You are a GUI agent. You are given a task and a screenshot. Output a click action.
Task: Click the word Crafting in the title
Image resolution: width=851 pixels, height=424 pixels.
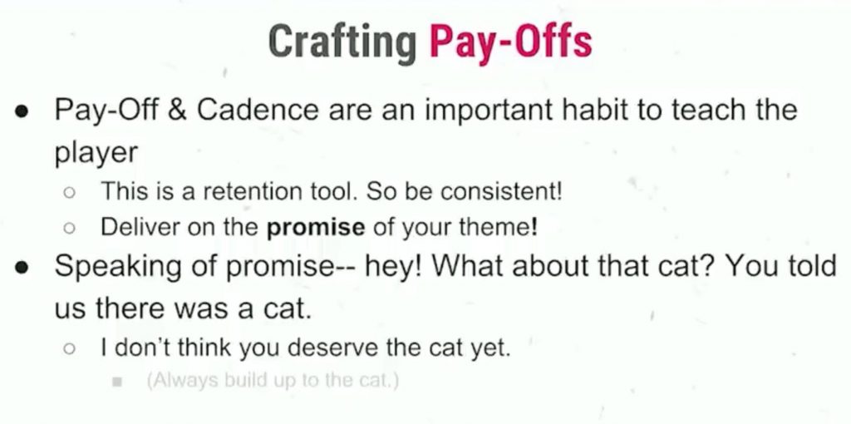(342, 43)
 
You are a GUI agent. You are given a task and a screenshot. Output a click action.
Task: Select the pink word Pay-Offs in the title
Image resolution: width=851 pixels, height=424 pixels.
(510, 42)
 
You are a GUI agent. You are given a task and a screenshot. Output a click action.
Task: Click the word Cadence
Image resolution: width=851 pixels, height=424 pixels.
(258, 111)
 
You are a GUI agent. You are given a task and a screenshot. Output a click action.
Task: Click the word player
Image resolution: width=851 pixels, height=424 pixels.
(96, 154)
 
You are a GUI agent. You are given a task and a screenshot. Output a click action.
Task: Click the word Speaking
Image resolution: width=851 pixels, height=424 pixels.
(127, 267)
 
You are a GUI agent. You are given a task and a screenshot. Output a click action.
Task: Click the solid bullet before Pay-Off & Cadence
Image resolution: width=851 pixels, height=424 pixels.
(21, 111)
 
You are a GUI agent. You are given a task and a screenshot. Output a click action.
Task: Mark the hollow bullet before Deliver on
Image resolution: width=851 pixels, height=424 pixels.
(68, 229)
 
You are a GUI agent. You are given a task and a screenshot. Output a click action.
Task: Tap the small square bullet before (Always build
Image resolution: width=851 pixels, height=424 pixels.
(116, 382)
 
